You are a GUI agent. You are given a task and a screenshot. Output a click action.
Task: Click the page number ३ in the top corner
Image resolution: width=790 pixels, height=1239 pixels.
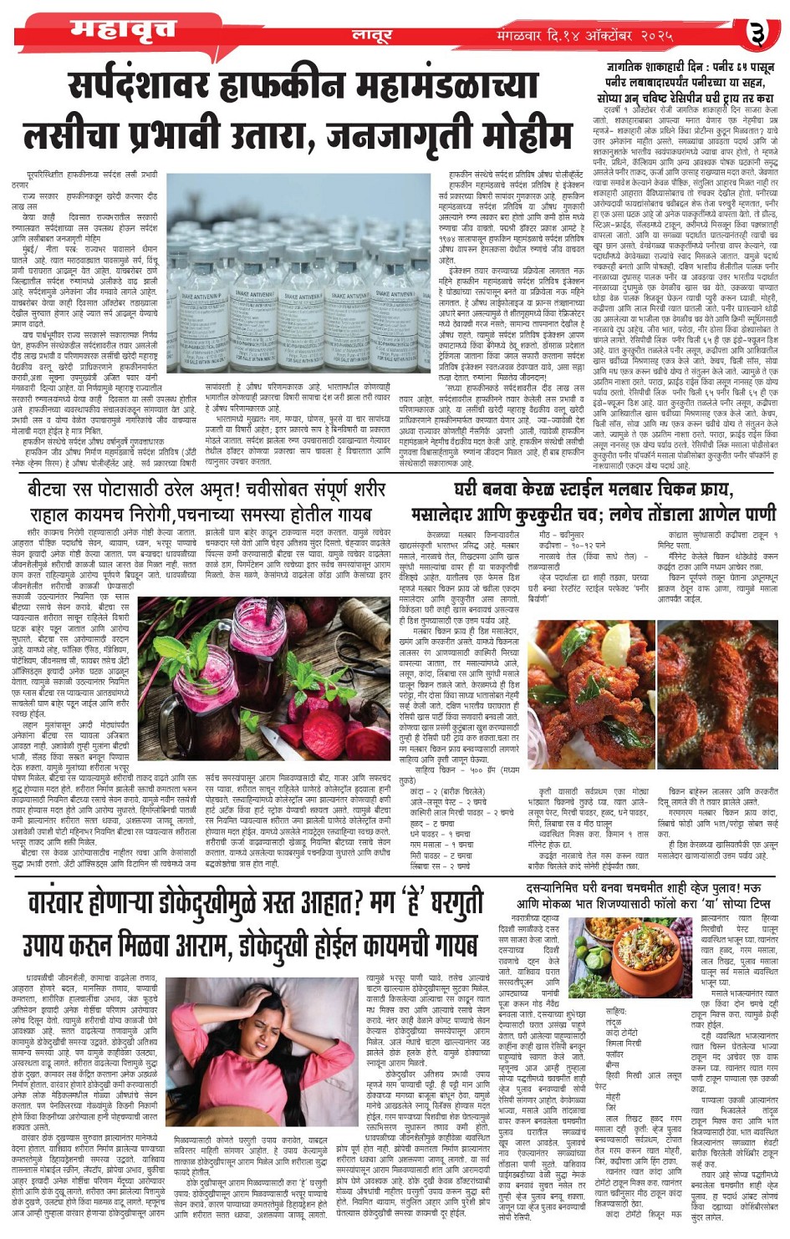[x=757, y=33]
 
